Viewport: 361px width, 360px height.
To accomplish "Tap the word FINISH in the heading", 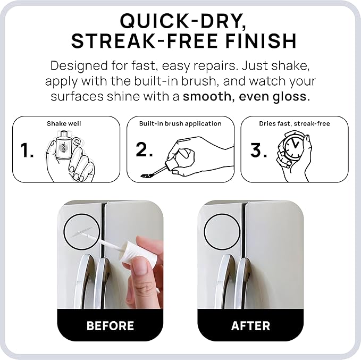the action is click(261, 41).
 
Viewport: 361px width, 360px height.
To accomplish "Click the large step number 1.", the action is click(27, 150).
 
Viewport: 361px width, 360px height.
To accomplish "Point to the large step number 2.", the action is click(144, 149).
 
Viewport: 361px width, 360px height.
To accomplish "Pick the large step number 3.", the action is click(258, 150).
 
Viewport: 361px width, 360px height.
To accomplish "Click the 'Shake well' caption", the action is click(64, 124).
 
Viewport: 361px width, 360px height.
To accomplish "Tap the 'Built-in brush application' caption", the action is click(180, 124).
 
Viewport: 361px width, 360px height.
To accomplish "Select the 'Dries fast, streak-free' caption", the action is click(295, 124).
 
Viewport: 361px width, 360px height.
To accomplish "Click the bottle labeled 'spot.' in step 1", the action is click(63, 146).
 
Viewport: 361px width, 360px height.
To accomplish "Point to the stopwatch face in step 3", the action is click(292, 147).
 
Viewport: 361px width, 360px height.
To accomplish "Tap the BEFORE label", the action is click(110, 325).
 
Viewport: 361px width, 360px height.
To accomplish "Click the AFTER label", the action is click(250, 325).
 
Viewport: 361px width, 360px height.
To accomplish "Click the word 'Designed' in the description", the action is click(79, 66).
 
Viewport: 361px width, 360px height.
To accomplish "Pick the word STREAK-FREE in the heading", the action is click(145, 41).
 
